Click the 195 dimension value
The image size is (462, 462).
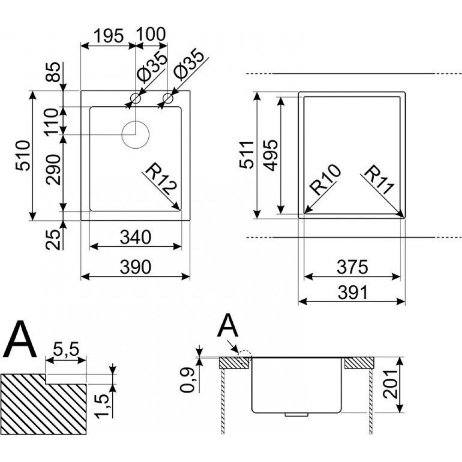click(109, 35)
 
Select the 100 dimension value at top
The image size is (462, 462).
click(150, 35)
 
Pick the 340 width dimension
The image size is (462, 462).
click(135, 237)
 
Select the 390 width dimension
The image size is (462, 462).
click(135, 267)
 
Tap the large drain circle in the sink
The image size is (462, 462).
click(135, 134)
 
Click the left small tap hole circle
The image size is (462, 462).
click(135, 98)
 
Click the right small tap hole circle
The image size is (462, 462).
click(168, 98)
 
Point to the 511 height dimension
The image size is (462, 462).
click(248, 155)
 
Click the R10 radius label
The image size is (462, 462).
click(325, 180)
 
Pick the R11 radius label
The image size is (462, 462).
click(378, 181)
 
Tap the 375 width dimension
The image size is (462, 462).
click(353, 267)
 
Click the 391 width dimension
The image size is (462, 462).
click(353, 292)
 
